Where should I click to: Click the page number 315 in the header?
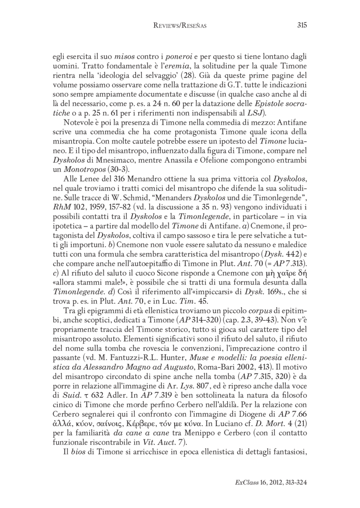point(302,26)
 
